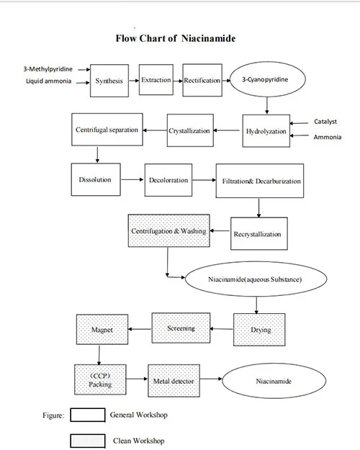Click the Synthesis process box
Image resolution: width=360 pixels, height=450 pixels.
point(109,81)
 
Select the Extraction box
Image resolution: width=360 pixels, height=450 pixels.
point(156,80)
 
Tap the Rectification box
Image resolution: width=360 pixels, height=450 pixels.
point(202,80)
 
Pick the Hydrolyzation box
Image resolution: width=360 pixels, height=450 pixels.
point(266,131)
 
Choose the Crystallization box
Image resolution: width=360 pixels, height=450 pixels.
point(189,130)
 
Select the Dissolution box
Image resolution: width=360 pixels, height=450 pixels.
point(95,179)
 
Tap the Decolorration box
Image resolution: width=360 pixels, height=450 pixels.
point(168,180)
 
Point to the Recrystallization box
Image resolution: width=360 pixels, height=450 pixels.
point(257,233)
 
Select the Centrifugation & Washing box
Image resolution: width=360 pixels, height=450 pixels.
point(168,231)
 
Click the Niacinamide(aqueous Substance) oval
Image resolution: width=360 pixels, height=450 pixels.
point(243,278)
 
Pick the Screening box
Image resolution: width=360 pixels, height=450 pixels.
point(181,328)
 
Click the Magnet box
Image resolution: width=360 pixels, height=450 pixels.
point(102,330)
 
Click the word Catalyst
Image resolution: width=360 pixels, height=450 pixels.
point(325,122)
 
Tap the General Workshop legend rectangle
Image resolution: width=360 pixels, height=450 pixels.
point(88,415)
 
